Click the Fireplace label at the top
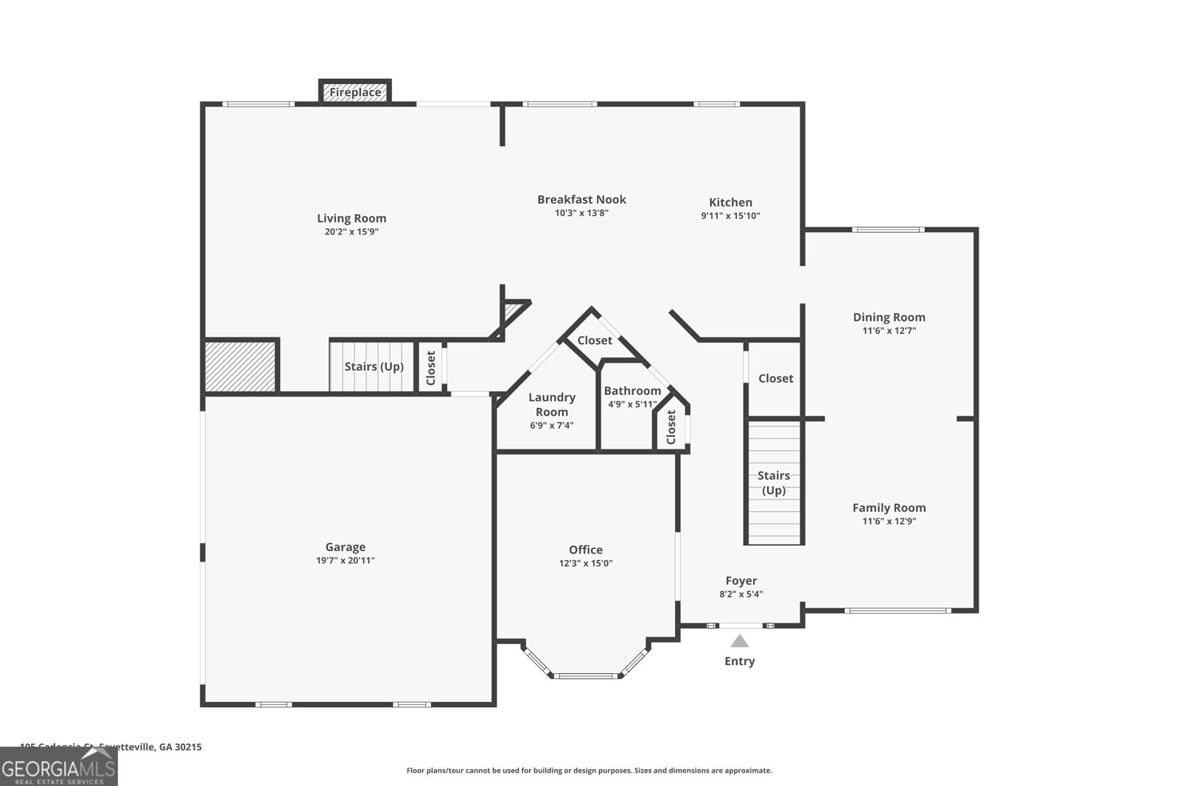[355, 93]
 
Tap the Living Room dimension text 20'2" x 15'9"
[351, 232]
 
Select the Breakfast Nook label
[581, 200]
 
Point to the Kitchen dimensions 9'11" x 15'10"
[730, 216]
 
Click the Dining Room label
[889, 317]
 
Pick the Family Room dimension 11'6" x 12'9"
[889, 522]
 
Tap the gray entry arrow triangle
[739, 642]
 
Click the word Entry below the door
[739, 662]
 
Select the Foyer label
[741, 580]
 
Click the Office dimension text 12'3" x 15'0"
[585, 564]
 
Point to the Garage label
[345, 547]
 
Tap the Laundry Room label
[551, 404]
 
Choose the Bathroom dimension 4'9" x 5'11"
[632, 404]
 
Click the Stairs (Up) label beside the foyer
[773, 483]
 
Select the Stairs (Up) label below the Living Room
[374, 367]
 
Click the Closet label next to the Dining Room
[775, 379]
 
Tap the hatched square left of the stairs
[240, 366]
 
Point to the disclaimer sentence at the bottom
[589, 771]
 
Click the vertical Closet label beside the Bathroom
[671, 427]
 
